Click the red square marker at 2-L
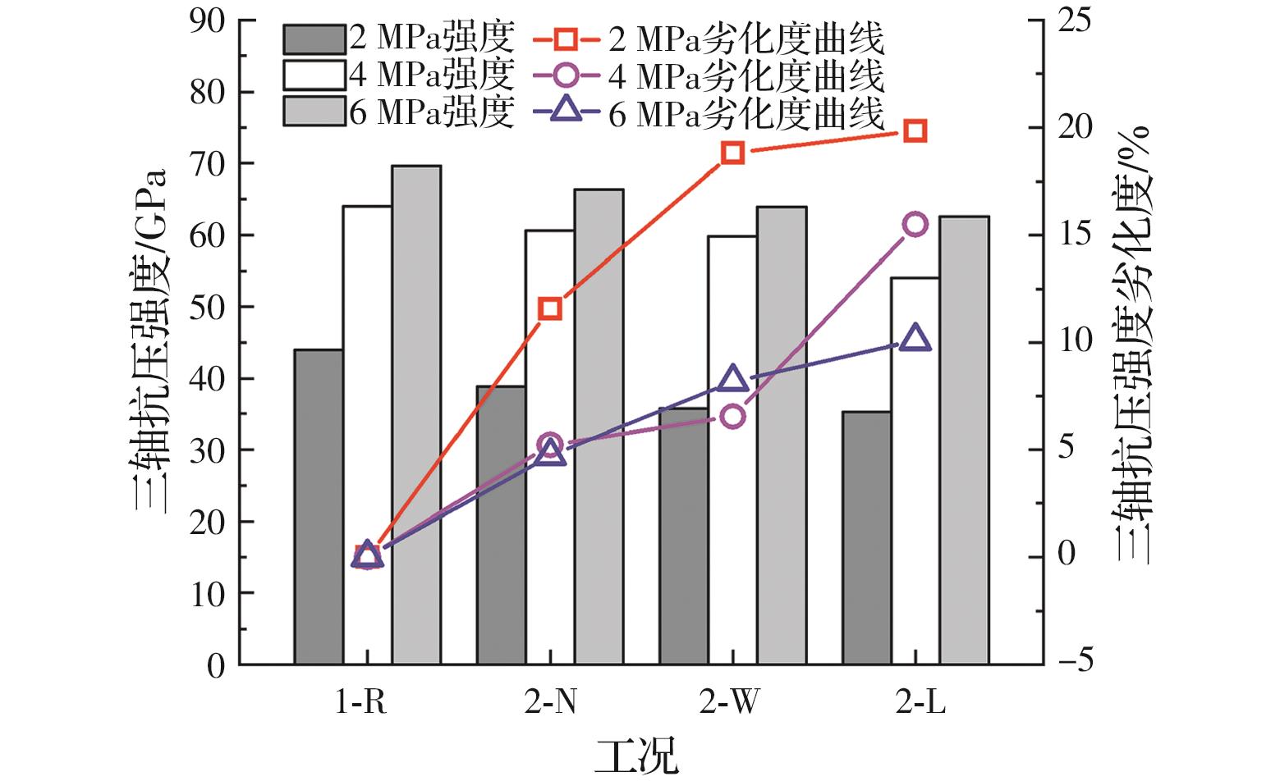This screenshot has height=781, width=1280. point(915,131)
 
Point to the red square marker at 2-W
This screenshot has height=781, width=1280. point(733,153)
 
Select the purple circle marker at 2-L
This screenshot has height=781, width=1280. point(915,224)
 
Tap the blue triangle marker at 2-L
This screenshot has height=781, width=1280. point(915,338)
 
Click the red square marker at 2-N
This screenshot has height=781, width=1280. point(550,309)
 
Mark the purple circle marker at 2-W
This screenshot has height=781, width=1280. point(733,417)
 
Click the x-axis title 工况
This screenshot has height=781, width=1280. point(638,756)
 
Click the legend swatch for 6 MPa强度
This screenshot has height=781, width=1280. point(314,111)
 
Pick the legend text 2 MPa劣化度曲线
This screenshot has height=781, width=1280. point(746,39)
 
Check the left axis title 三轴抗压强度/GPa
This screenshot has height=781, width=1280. point(152,340)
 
